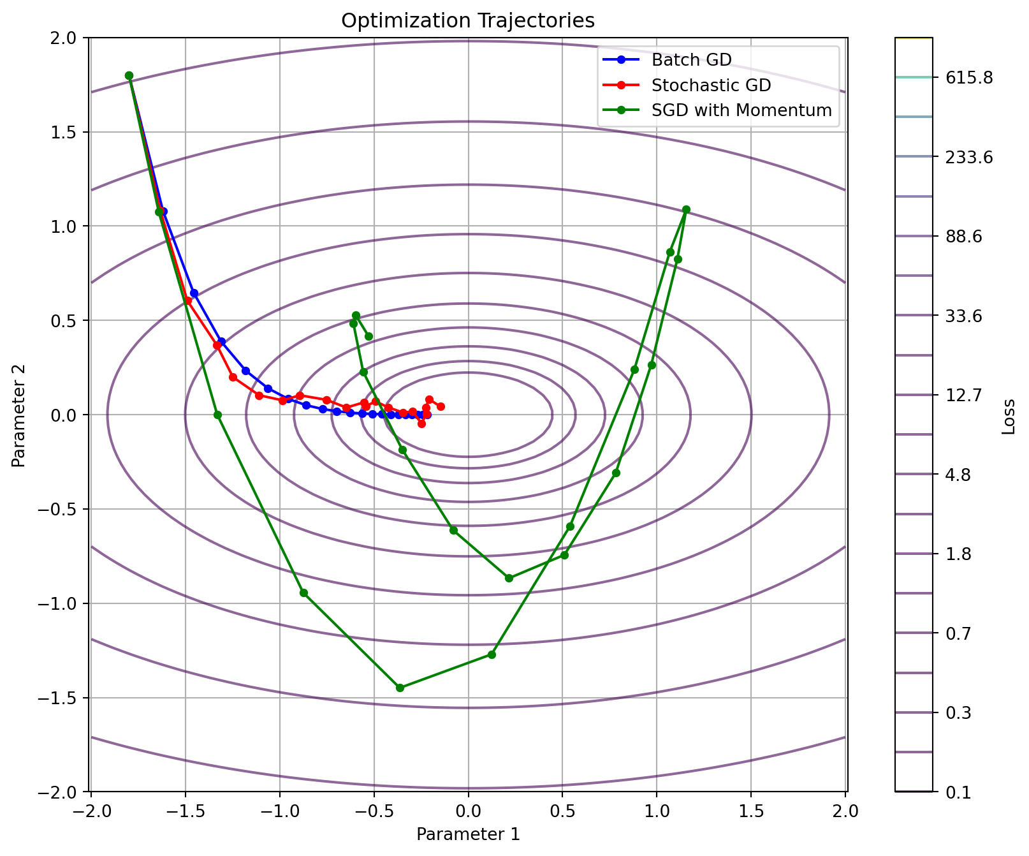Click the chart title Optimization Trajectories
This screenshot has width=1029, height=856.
point(468,21)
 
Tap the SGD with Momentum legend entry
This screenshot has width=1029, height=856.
point(741,110)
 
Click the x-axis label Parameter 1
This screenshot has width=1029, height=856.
point(468,834)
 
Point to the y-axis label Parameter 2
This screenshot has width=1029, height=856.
point(19,415)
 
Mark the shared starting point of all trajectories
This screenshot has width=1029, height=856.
point(129,75)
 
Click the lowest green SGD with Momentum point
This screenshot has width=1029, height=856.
point(400,688)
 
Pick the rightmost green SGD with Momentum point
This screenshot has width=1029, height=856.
point(686,209)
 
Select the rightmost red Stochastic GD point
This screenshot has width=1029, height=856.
point(441,406)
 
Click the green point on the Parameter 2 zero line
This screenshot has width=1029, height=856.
point(217,415)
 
